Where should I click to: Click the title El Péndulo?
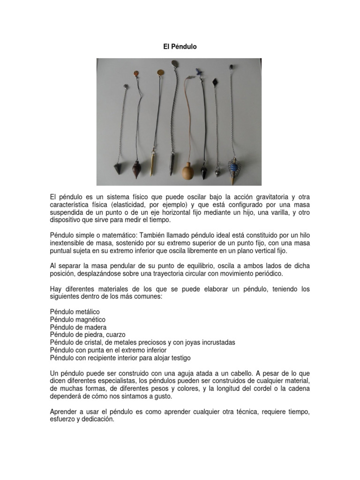(x=180, y=47)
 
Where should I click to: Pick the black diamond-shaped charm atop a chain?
(x=215, y=82)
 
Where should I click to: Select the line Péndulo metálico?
(x=75, y=311)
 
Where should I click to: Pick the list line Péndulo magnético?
(x=77, y=319)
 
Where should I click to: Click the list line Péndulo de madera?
(x=78, y=327)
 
